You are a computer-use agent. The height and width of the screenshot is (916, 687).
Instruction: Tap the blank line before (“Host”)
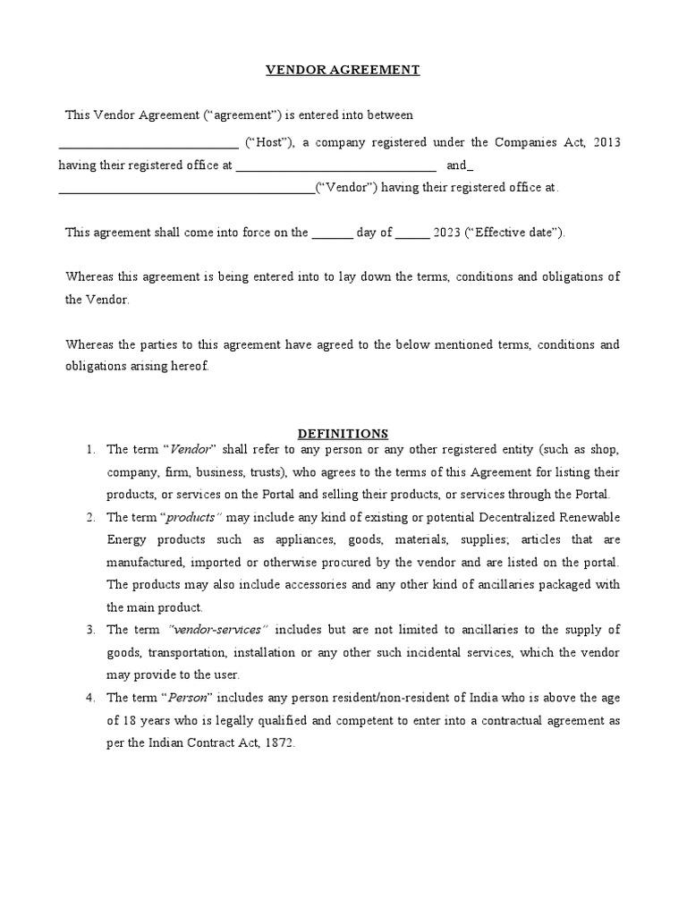pos(148,145)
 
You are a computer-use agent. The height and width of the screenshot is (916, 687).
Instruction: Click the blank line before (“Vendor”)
pos(187,190)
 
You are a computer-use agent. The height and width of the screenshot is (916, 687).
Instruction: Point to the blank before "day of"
pos(332,234)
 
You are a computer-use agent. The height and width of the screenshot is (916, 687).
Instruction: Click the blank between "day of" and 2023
pos(411,234)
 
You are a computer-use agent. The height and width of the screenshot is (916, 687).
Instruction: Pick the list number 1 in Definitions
pos(90,449)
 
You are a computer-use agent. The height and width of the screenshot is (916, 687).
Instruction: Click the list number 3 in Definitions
pos(90,630)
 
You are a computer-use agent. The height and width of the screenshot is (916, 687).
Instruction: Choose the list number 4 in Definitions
pos(90,698)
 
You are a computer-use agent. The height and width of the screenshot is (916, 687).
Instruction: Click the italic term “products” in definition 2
pos(191,518)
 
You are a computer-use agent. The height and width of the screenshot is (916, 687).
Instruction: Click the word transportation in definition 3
pos(189,652)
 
